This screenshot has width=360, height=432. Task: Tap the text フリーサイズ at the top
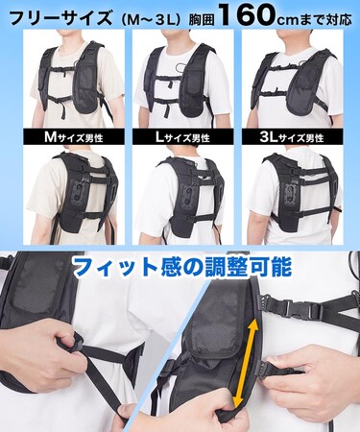coord(60,17)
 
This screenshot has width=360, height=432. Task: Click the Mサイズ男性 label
coord(74,137)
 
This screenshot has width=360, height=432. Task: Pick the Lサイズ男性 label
coord(182,137)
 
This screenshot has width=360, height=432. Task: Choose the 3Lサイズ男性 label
coord(292,137)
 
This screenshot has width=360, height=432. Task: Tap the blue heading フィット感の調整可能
coord(181,267)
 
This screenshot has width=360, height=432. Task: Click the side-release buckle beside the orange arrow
coord(295,308)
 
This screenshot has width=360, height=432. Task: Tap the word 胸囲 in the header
coord(201,19)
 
